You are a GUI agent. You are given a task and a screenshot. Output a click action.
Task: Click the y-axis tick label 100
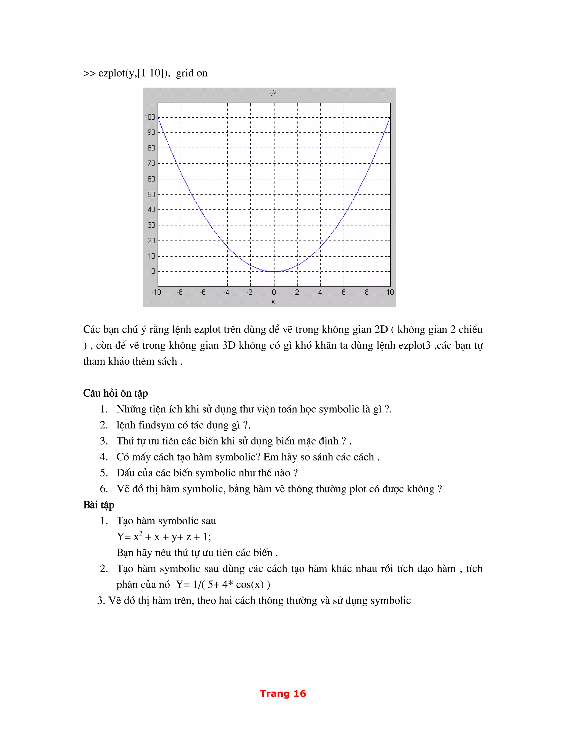(x=150, y=117)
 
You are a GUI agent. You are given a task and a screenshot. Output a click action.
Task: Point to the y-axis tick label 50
(x=151, y=194)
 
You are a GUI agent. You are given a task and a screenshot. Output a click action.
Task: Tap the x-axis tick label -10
(x=156, y=292)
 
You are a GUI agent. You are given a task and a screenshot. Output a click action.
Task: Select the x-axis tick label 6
(x=343, y=292)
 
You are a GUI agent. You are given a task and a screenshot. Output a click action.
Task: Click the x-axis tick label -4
(x=226, y=292)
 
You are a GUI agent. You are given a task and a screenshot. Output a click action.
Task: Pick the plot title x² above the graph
(x=273, y=94)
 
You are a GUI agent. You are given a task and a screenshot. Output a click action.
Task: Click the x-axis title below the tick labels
(x=273, y=302)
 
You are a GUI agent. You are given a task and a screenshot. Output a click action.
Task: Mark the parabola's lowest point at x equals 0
(x=274, y=271)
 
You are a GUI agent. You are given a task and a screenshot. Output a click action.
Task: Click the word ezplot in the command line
(x=111, y=73)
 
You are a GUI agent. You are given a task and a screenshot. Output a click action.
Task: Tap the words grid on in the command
(x=192, y=73)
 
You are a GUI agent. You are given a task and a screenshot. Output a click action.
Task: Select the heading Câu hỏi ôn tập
(x=115, y=393)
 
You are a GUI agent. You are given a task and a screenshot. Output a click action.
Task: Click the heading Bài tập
(x=99, y=505)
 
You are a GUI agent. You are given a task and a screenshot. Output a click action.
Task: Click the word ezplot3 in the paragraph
(x=414, y=345)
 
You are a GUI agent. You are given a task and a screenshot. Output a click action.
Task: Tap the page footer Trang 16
(x=283, y=693)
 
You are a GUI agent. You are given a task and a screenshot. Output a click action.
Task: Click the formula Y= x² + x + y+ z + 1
(x=164, y=537)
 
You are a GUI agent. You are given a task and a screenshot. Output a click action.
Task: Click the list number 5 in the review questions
(x=103, y=473)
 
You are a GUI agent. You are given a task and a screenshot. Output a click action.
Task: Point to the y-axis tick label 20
(x=151, y=241)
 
